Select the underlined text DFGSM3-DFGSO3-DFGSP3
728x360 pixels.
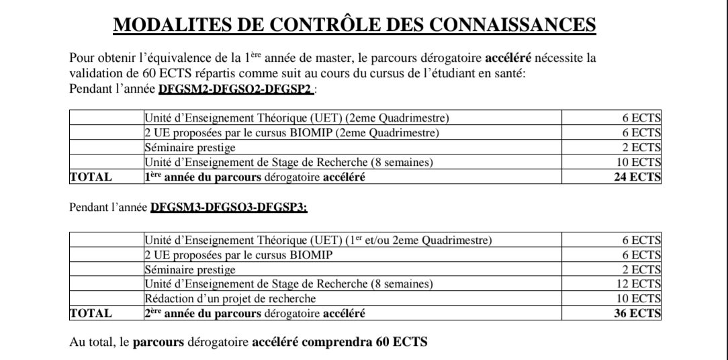229,209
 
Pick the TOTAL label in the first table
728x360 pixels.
91,178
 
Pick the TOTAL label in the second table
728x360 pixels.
91,313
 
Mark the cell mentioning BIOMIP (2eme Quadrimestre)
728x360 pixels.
291,133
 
